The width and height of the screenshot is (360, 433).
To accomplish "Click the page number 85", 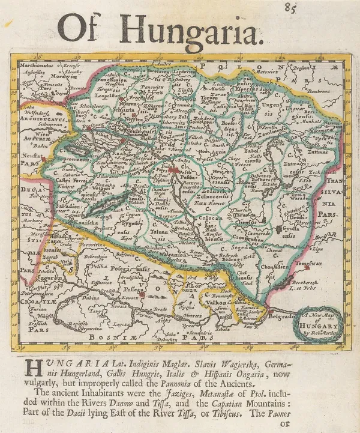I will point(292,8).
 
